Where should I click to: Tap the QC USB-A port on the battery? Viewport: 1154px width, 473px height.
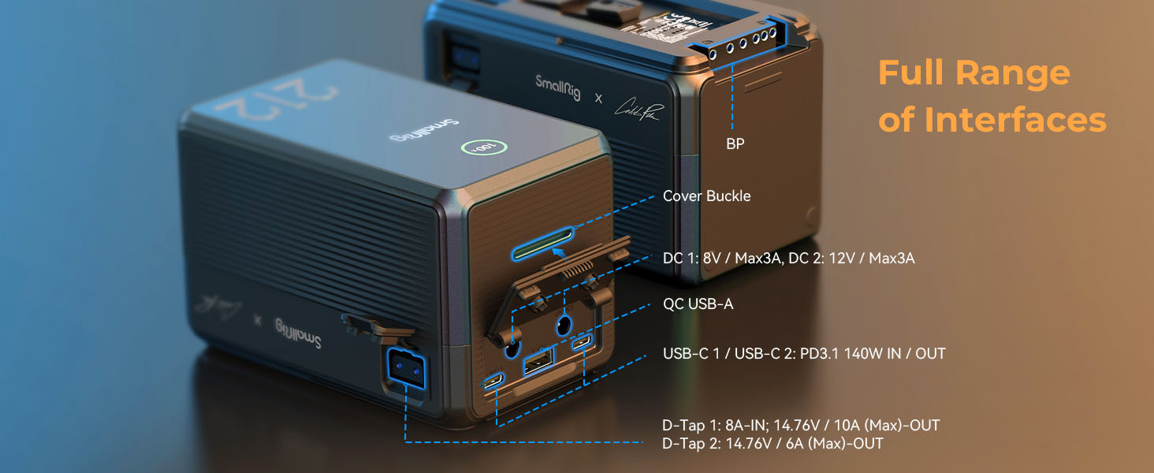538,365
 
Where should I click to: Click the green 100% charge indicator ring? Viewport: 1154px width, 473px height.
475,147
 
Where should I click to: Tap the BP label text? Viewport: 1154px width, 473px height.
735,144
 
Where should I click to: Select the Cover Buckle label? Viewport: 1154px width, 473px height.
706,196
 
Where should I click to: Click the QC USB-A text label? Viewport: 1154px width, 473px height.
698,304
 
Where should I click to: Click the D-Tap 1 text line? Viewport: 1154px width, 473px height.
801,425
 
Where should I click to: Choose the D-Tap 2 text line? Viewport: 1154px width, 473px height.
772,444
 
